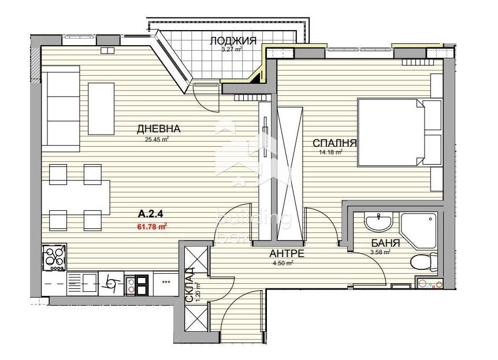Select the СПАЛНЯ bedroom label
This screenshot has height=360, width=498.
pos(335,143)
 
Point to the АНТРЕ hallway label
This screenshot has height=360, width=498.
pos(287,254)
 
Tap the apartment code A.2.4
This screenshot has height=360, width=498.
pos(146,216)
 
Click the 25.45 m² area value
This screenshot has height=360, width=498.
pos(156,139)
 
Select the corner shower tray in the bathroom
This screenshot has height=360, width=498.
pos(419,229)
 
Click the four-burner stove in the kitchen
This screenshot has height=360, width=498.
pos(54,257)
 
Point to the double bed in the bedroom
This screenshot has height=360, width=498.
pos(393,133)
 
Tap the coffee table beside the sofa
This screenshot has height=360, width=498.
pos(101,107)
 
